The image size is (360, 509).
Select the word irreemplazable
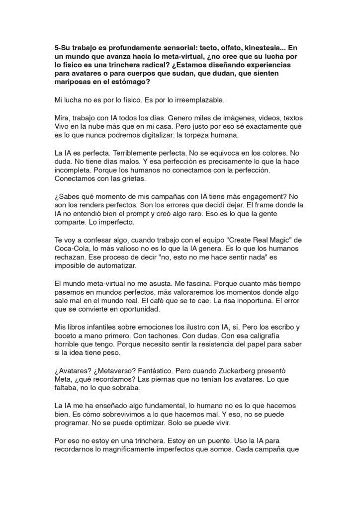[198, 100]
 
